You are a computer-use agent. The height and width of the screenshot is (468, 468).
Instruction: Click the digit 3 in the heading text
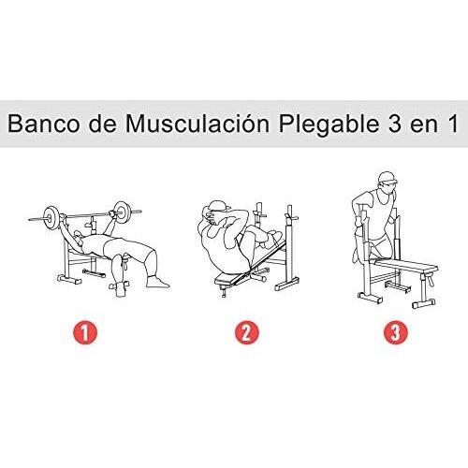pyautogui.click(x=384, y=124)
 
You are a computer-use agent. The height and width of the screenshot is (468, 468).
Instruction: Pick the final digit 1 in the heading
pyautogui.click(x=451, y=124)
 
